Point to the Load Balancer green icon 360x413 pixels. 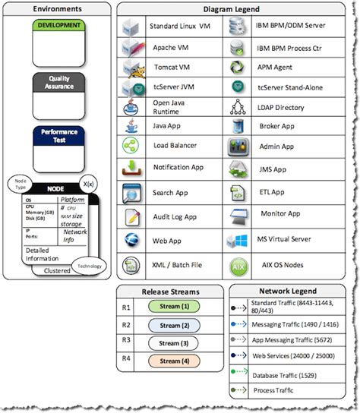[x=130, y=145]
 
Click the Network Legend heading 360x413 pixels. [x=288, y=291]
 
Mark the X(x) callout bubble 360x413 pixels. [x=89, y=184]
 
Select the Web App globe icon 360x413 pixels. [x=130, y=241]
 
